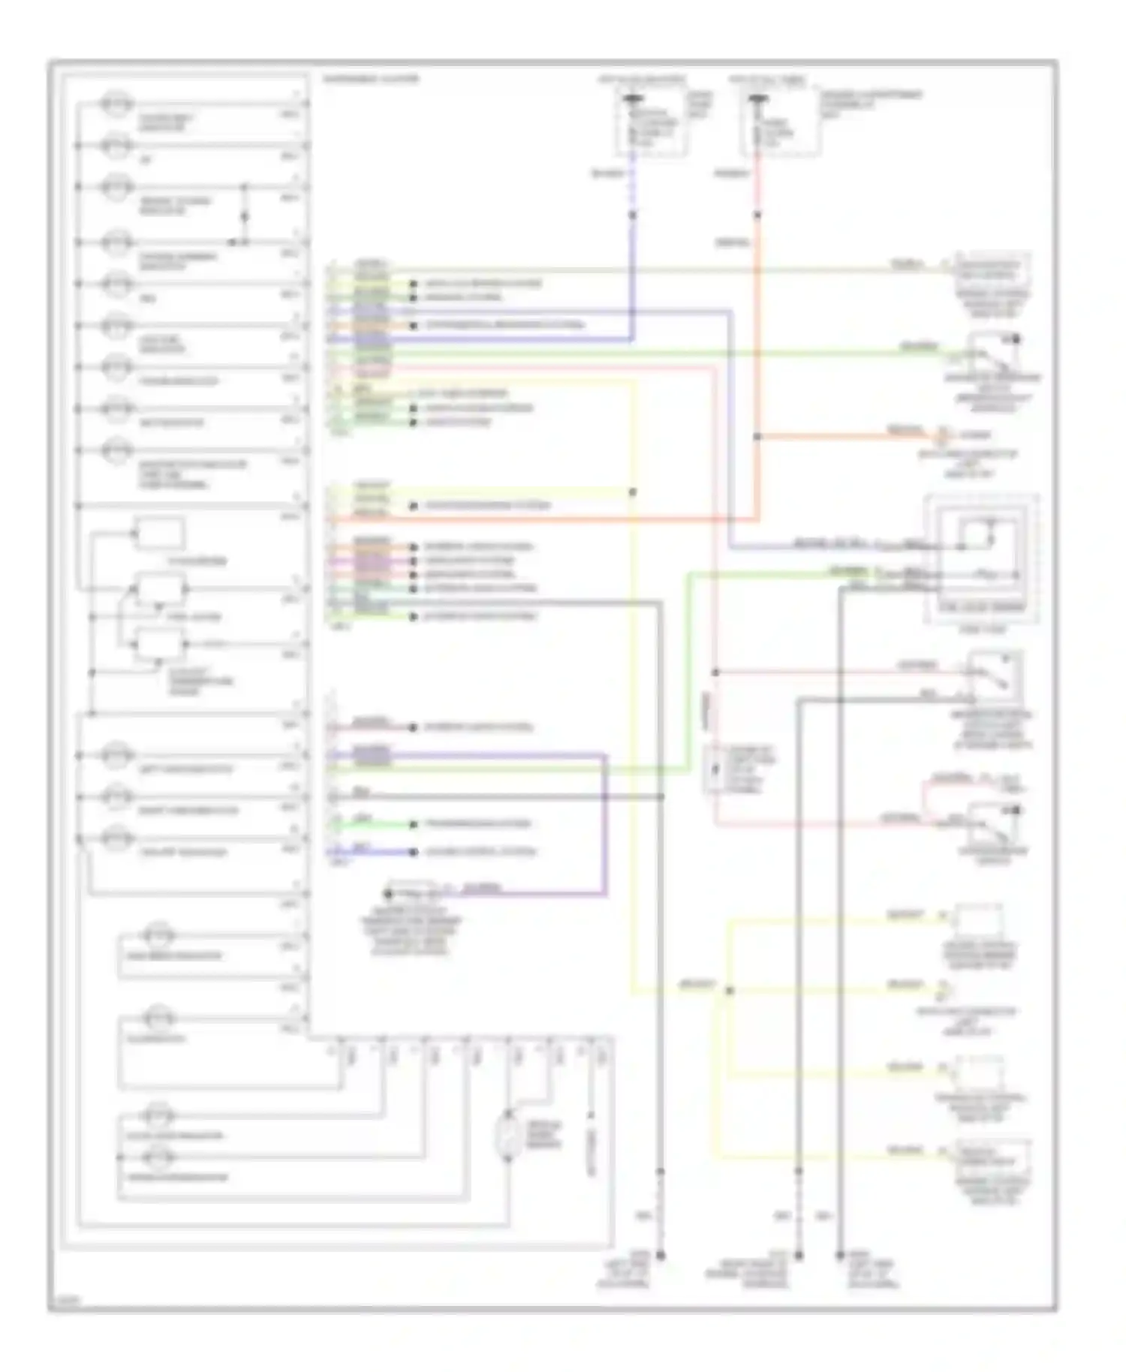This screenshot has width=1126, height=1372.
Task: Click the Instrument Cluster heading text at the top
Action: (x=371, y=79)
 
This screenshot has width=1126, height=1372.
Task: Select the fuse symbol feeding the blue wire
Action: (x=633, y=100)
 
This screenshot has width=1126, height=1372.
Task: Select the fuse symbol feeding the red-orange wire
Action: (x=757, y=100)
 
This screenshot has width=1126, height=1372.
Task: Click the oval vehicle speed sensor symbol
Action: (x=508, y=1136)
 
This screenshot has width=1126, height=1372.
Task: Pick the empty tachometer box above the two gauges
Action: (x=158, y=534)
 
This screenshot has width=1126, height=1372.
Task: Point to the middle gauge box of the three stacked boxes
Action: (x=160, y=590)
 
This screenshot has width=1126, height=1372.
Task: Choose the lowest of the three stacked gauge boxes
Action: (x=159, y=645)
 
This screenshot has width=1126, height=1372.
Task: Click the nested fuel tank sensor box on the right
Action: (x=981, y=558)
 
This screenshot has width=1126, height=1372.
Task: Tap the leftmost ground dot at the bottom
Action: (x=661, y=1255)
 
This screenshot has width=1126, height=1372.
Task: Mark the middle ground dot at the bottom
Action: (x=799, y=1255)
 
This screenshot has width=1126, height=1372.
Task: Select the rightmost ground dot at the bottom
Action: (x=840, y=1255)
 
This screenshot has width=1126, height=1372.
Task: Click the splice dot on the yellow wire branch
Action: (x=730, y=991)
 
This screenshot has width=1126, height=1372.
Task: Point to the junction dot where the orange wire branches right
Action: (x=757, y=436)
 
